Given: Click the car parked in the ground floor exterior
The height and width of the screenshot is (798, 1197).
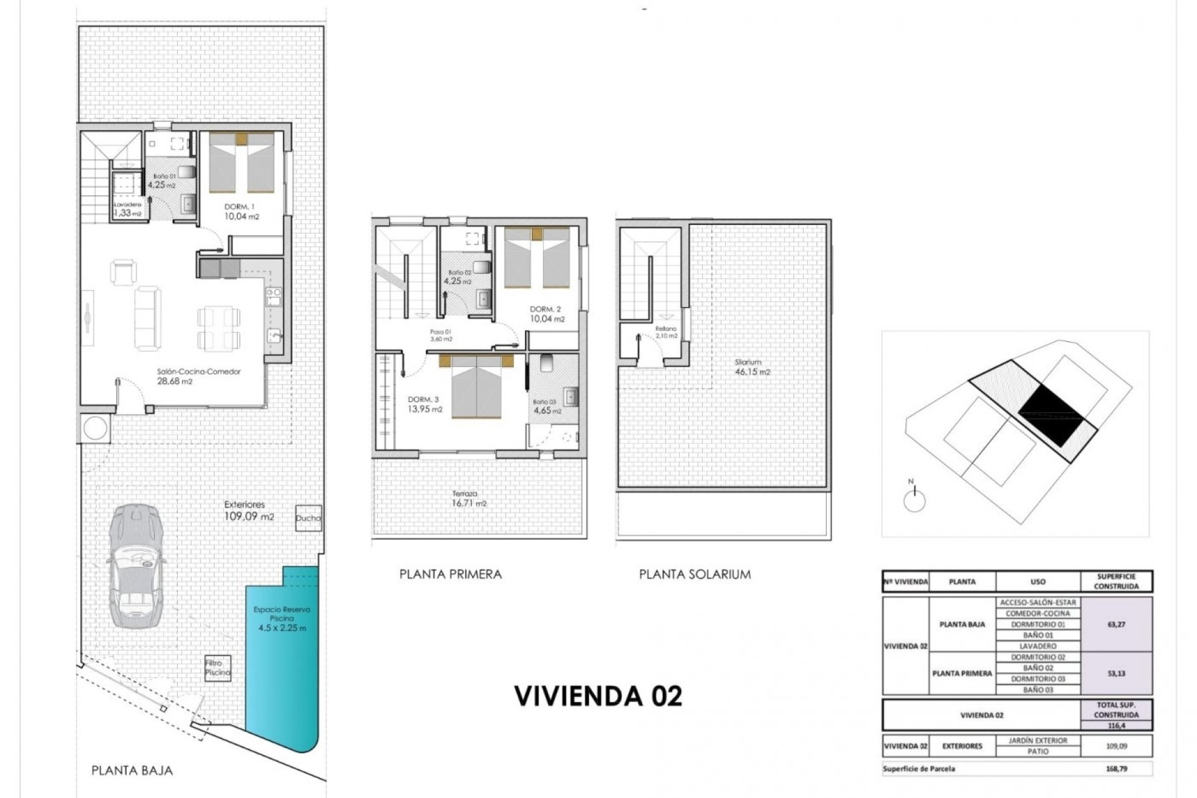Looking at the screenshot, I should coord(136,566).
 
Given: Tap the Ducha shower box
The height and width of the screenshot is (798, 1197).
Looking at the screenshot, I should coord(308,517).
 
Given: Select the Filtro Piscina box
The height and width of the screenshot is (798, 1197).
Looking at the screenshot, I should coord(218,668).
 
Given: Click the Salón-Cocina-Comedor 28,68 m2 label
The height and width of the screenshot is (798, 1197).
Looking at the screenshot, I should coord(198,376).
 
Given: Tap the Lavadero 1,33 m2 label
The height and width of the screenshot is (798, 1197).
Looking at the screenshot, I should coord(127,209).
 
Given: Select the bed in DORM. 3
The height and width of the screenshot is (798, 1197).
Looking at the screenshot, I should coord(476,387).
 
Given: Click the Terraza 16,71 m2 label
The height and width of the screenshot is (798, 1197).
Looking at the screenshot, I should coord(469,499).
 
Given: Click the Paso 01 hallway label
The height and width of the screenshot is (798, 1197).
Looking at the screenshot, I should coord(440,335).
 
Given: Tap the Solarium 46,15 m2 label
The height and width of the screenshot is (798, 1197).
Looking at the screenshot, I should coord(751,367).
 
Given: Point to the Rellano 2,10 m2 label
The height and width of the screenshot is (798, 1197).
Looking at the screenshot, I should coord(666,332).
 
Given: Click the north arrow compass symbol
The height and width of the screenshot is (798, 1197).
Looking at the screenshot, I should coord(914,499).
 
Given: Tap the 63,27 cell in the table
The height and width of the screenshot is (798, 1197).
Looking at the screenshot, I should coord(1116,624).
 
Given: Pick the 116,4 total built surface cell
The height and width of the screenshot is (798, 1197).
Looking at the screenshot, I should coord(1116,726).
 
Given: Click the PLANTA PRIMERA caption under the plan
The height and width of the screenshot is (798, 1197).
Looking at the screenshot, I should coord(450,574).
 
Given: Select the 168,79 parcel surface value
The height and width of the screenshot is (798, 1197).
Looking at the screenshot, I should coord(1116,769).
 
